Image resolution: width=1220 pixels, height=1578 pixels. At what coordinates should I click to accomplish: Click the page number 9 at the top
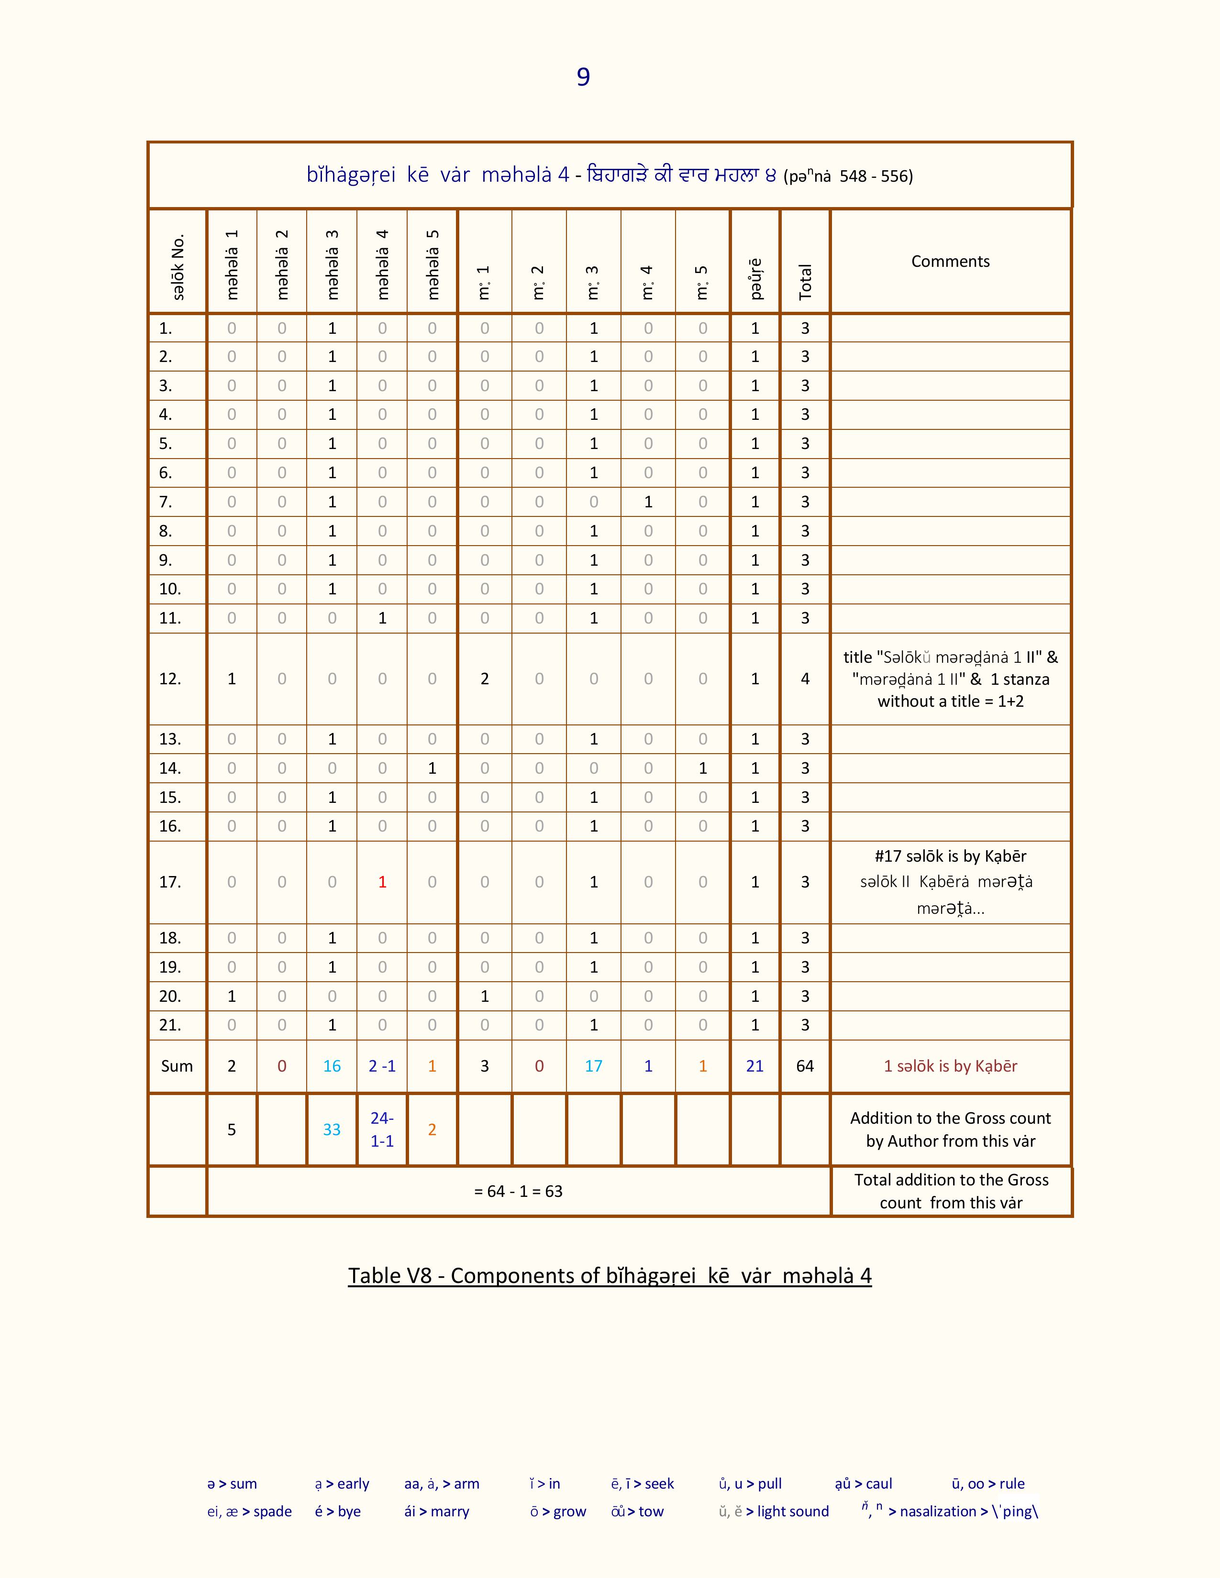tap(583, 77)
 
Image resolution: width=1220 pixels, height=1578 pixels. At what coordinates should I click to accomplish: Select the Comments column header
tap(950, 262)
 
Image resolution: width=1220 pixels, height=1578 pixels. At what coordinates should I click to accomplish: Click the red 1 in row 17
tap(382, 881)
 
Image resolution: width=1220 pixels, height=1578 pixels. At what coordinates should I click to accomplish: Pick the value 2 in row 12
tap(484, 679)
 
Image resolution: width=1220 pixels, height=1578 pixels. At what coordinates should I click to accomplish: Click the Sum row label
tap(177, 1066)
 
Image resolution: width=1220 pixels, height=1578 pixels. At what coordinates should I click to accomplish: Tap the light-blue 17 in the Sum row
tap(593, 1066)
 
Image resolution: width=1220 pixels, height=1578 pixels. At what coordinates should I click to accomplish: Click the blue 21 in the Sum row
tap(754, 1066)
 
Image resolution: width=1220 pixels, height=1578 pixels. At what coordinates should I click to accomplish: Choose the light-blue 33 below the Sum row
tap(332, 1129)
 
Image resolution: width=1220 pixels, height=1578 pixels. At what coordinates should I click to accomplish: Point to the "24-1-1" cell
tap(382, 1129)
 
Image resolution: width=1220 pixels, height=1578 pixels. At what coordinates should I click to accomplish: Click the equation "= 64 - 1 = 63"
tap(518, 1192)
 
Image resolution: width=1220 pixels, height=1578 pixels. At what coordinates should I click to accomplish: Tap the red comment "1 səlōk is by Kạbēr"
tap(950, 1066)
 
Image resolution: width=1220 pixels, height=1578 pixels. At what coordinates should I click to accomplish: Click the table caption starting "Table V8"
tap(609, 1276)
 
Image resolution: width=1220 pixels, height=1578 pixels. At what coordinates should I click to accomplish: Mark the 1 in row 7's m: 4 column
tap(648, 502)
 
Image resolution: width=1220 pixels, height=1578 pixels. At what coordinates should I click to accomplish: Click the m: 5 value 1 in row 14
tap(702, 768)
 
